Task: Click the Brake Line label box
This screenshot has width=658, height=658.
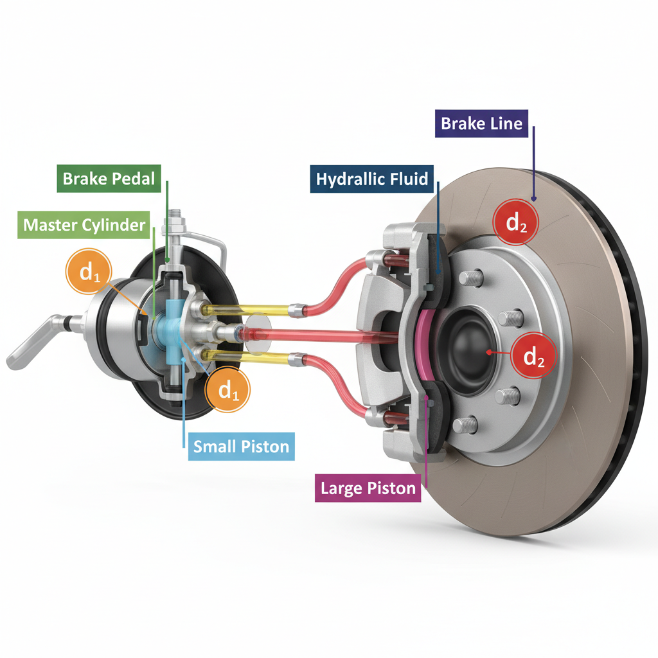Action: point(481,123)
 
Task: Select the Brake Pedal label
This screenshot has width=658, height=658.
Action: point(109,179)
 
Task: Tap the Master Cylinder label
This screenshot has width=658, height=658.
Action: point(84,225)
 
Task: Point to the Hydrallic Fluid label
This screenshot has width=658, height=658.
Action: point(372,179)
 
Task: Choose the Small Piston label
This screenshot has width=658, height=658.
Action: point(242,447)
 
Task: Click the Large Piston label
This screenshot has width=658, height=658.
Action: point(368,488)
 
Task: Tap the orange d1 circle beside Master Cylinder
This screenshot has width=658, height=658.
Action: point(89,272)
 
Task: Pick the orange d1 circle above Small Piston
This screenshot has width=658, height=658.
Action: point(227,389)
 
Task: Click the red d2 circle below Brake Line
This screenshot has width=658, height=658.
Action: point(516,222)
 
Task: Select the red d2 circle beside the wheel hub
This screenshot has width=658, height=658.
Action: point(533,356)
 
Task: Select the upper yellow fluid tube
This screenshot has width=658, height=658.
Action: point(245,310)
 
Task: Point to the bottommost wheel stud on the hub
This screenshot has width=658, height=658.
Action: point(465,425)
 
